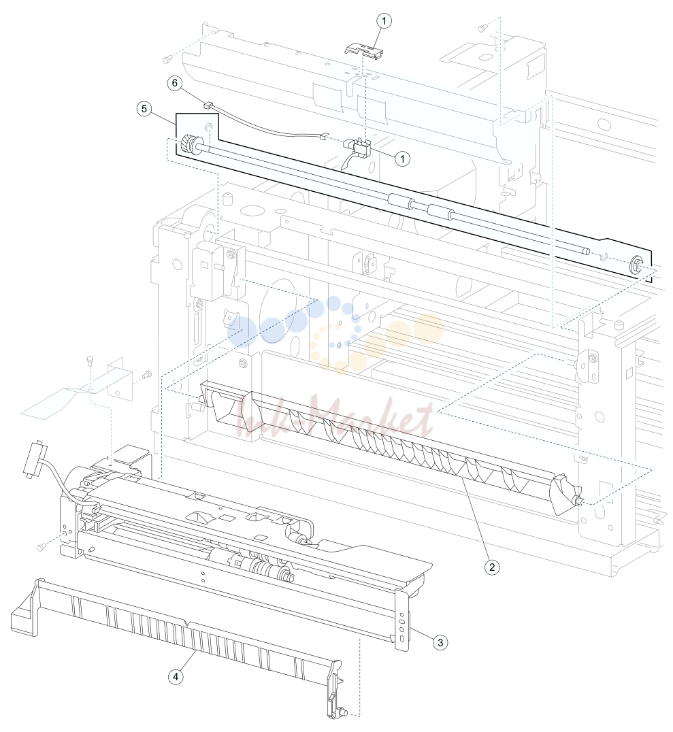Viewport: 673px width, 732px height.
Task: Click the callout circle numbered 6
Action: (175, 83)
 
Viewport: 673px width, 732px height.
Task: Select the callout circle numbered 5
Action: (144, 109)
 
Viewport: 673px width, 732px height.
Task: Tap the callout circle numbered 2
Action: (491, 567)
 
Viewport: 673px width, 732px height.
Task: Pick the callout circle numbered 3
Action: (440, 642)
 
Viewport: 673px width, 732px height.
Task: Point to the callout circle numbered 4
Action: (176, 676)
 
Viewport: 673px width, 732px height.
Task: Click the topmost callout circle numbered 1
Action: (384, 21)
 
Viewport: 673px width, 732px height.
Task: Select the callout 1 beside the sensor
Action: (402, 159)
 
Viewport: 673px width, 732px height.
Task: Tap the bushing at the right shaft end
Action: (635, 265)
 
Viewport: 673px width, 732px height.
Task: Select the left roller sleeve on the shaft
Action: (401, 201)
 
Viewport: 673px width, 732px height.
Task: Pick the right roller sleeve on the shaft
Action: (441, 212)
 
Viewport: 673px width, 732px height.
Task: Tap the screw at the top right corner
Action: (482, 28)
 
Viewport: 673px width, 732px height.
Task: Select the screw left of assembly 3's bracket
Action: (41, 546)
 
